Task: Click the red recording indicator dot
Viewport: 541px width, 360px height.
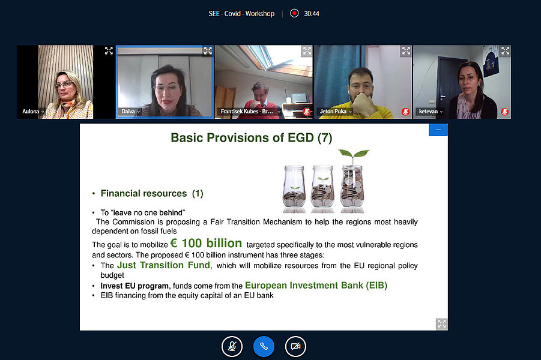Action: (x=294, y=13)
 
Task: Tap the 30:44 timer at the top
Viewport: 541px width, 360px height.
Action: (x=312, y=14)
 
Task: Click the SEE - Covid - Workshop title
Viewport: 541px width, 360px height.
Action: (x=241, y=14)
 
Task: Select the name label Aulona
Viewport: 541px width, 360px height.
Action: (x=31, y=112)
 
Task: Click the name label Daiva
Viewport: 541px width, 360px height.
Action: (x=128, y=112)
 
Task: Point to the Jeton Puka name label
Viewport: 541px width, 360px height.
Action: (x=333, y=112)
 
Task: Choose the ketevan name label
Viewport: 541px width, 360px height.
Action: (x=428, y=112)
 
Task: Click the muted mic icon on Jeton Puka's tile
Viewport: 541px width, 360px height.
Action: (x=405, y=112)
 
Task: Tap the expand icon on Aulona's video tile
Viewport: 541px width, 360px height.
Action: (x=109, y=51)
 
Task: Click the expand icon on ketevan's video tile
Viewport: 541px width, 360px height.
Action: (x=505, y=51)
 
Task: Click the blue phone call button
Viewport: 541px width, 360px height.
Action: (x=264, y=346)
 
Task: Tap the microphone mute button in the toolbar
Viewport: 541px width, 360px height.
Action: (x=232, y=346)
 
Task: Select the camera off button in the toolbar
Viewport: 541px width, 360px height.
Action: (x=295, y=346)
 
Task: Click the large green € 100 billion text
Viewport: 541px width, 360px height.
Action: (x=206, y=243)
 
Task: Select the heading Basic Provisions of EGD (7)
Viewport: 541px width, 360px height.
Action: (x=251, y=137)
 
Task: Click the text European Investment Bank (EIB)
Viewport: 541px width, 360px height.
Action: (x=316, y=286)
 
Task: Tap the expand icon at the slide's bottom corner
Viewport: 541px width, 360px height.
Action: (x=442, y=324)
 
